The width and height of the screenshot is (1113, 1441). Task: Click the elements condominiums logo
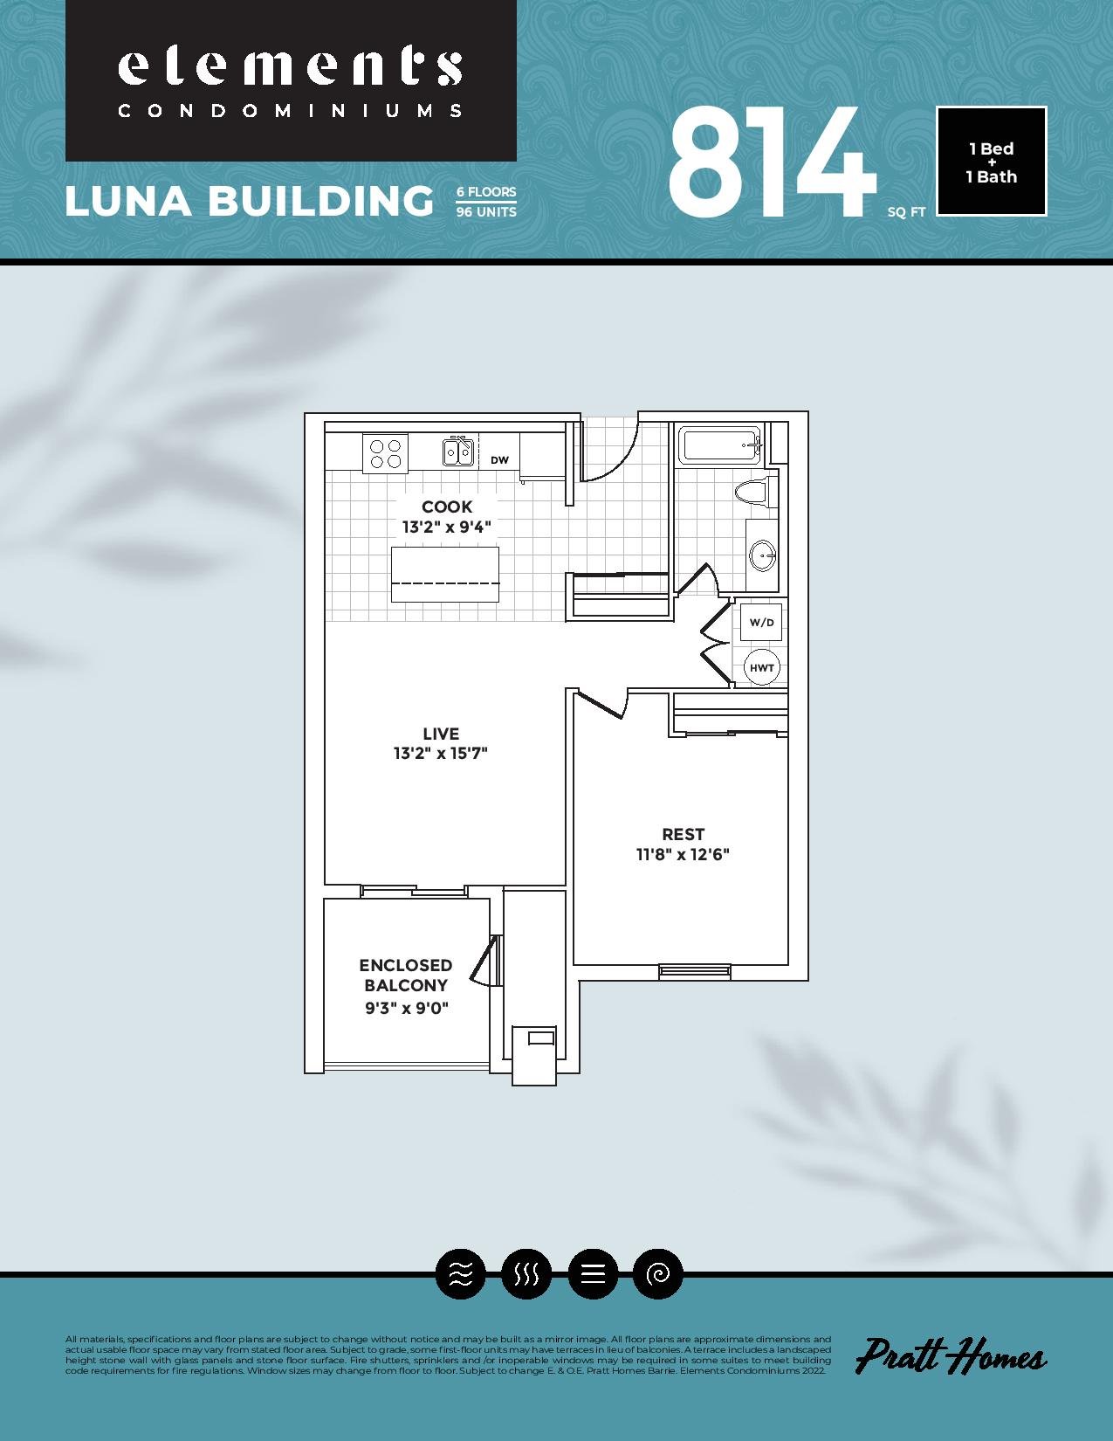pyautogui.click(x=291, y=80)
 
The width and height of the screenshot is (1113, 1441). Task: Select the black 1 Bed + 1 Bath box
pyautogui.click(x=991, y=162)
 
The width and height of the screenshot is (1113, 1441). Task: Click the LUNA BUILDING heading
pyautogui.click(x=250, y=201)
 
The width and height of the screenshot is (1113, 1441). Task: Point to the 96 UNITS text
pyautogui.click(x=486, y=212)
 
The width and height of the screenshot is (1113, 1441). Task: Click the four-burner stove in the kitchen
pyautogui.click(x=385, y=453)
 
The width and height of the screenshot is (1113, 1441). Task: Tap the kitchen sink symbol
pyautogui.click(x=458, y=452)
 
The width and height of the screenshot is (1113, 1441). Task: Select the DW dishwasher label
pyautogui.click(x=500, y=459)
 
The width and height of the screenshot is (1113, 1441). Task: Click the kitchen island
pyautogui.click(x=445, y=575)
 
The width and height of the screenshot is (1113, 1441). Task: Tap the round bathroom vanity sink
pyautogui.click(x=762, y=555)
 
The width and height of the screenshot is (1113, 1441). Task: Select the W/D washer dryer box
pyautogui.click(x=761, y=622)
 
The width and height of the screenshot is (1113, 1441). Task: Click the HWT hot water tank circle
pyautogui.click(x=762, y=668)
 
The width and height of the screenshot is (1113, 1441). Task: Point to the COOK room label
pyautogui.click(x=447, y=507)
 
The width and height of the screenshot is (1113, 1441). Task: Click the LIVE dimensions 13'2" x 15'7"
pyautogui.click(x=441, y=754)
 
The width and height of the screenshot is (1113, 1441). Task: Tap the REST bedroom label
pyautogui.click(x=683, y=834)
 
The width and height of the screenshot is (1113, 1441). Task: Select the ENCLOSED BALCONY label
pyautogui.click(x=406, y=975)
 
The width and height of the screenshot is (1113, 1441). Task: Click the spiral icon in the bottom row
pyautogui.click(x=657, y=1273)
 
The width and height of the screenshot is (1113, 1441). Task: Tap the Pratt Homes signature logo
pyautogui.click(x=951, y=1355)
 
